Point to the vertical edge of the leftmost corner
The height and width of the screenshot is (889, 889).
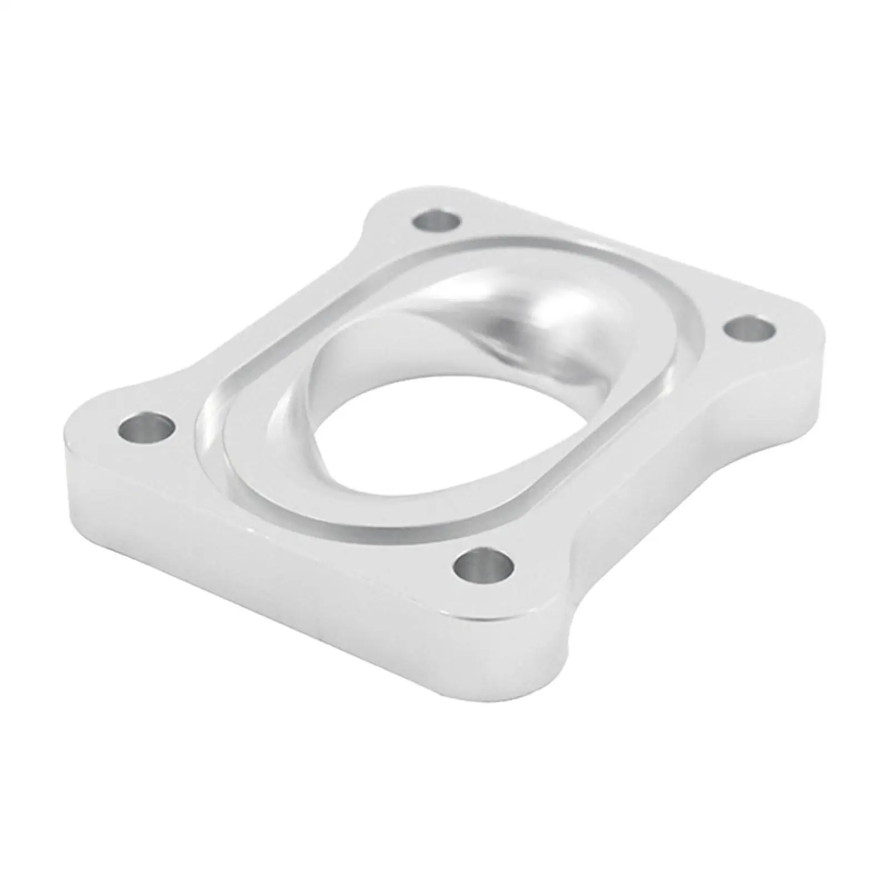click(x=68, y=478)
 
